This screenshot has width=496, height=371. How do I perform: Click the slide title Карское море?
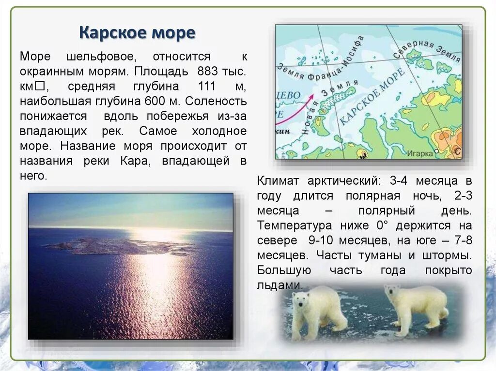click(137, 33)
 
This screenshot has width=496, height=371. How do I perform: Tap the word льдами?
click(280, 285)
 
